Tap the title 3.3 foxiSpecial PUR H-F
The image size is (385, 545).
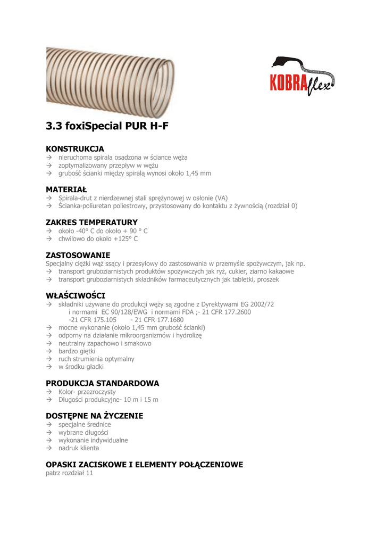coord(110,127)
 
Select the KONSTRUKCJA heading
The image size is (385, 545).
coord(75,148)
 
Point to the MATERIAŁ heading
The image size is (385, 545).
coord(66,189)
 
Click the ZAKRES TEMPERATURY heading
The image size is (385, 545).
coord(91,222)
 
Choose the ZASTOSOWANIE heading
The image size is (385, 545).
coord(78,255)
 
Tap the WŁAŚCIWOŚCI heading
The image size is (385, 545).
coord(76,295)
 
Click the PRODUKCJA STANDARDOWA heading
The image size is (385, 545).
coord(102,383)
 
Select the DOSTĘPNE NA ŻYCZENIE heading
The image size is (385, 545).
coord(94,416)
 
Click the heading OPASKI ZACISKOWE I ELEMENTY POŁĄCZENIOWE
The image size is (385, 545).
coord(144,465)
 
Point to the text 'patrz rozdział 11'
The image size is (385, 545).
coord(70,473)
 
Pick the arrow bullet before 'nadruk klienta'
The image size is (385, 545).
coord(48,449)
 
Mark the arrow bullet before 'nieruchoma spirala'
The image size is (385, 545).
coord(48,158)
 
